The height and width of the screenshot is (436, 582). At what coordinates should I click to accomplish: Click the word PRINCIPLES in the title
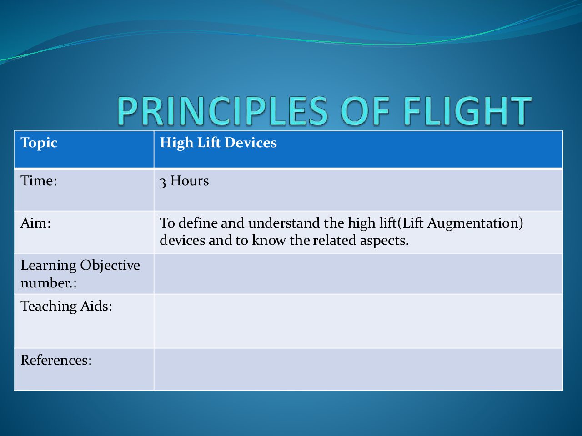click(223, 111)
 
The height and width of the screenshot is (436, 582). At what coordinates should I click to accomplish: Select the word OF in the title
click(366, 111)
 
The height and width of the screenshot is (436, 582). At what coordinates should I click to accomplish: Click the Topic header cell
click(84, 149)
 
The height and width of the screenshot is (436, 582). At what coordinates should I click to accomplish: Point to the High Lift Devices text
click(218, 143)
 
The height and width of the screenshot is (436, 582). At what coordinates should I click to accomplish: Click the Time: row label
click(39, 181)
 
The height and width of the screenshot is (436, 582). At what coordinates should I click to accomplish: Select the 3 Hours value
click(184, 181)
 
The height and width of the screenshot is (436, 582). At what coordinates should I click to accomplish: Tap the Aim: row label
click(36, 223)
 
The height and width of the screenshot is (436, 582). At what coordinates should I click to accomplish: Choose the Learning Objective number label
click(80, 274)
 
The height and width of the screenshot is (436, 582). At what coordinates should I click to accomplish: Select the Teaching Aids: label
click(66, 307)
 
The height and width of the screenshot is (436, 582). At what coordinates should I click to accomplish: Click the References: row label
click(56, 360)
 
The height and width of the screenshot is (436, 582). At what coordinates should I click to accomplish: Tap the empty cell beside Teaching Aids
click(358, 321)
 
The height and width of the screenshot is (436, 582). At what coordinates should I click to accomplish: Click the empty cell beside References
click(358, 370)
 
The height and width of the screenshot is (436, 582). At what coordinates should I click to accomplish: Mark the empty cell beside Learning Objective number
click(358, 274)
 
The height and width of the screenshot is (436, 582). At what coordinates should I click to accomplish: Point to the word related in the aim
click(334, 240)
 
